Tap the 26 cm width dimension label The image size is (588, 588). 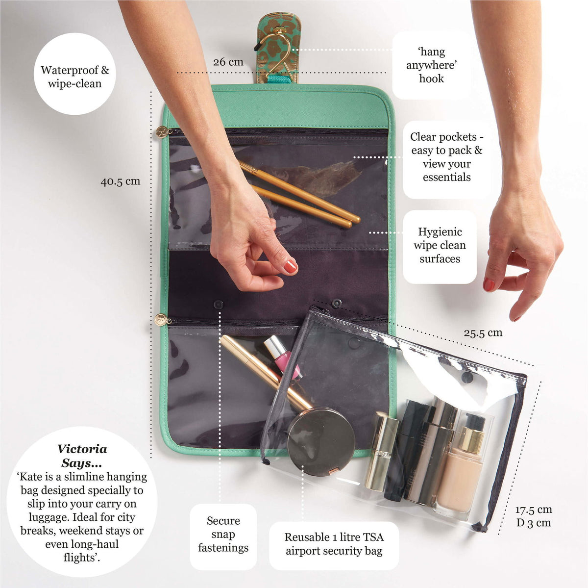coord(228,62)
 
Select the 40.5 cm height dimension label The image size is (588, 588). coord(121,181)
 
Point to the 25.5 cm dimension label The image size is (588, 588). coord(483,333)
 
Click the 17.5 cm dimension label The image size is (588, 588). coord(533,510)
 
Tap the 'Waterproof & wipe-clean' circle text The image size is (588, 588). coord(75,77)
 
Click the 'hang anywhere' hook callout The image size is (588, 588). coord(431,65)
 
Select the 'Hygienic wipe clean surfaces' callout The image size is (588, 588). coord(440,245)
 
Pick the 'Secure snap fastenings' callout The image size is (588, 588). coord(223,535)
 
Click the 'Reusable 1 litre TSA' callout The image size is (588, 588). coord(334,544)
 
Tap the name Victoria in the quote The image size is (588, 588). coord(82,449)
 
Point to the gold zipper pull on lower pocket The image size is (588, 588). coord(160,320)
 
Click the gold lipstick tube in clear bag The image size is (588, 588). coord(381,451)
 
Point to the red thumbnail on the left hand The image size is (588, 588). coord(291,266)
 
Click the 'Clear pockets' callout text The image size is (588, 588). coord(446,157)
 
